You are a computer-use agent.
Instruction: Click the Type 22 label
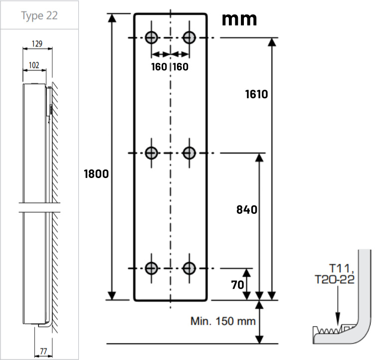(x=39, y=15)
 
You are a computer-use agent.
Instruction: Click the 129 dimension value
(x=36, y=44)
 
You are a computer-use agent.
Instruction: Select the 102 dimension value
(x=34, y=65)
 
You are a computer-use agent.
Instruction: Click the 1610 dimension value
(x=257, y=94)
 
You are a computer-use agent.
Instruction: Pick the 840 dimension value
(x=247, y=209)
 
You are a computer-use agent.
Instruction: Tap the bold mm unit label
(x=239, y=19)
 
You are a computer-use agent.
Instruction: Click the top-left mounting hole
(x=152, y=37)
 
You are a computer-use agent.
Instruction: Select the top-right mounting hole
(x=189, y=37)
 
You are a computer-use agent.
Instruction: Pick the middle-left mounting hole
(x=152, y=153)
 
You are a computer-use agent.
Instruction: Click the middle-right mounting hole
(x=189, y=153)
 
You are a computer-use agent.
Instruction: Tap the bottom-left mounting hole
(x=152, y=268)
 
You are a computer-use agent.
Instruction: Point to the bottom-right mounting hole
(x=189, y=268)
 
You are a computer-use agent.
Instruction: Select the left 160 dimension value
(x=159, y=66)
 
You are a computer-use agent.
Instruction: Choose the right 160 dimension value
(x=181, y=66)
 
